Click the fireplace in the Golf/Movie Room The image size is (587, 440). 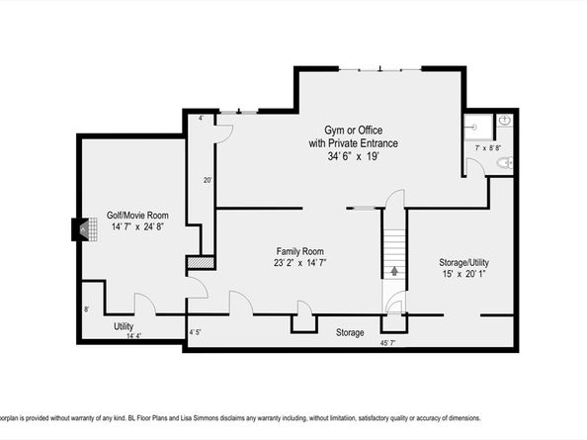(85, 229)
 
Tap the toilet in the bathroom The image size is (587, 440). (505, 162)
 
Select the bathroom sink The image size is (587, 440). (505, 121)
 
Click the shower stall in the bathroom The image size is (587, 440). (478, 128)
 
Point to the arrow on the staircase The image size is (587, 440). (394, 271)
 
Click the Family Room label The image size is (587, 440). (299, 251)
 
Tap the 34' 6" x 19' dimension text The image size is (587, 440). (354, 156)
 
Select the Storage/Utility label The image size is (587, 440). (463, 262)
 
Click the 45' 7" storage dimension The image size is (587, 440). (387, 343)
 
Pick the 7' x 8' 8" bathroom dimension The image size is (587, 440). (488, 148)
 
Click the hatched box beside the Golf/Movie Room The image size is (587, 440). (201, 262)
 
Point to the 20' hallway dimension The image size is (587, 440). (208, 180)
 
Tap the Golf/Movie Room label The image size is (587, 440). (137, 216)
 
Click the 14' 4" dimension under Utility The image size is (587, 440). (133, 336)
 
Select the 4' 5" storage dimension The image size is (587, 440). (195, 332)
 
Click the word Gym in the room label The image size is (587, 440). (332, 131)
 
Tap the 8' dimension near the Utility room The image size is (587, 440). (87, 309)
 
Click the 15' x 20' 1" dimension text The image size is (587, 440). (463, 274)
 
